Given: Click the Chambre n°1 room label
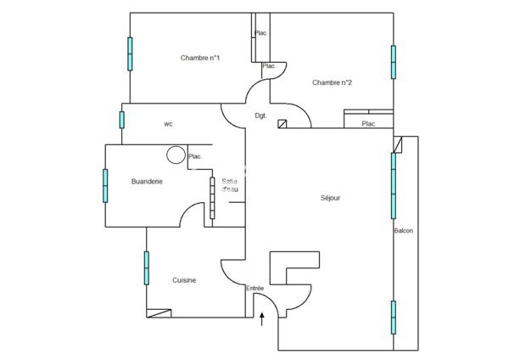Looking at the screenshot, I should click(x=200, y=58).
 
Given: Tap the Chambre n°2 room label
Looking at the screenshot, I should click(x=332, y=82).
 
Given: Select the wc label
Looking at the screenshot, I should click(x=169, y=124).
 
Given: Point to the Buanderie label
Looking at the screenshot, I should click(x=147, y=182).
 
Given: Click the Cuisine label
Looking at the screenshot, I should click(x=185, y=280).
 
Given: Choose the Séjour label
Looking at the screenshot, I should click(x=331, y=198).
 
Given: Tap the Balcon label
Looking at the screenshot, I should click(x=403, y=231).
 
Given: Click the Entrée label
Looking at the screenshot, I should click(x=255, y=289).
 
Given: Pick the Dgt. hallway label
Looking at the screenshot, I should click(x=261, y=115).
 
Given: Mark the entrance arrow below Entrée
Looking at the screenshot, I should click(x=262, y=319).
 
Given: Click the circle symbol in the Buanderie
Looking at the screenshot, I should click(x=176, y=155).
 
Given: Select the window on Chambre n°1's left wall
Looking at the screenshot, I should click(x=130, y=54).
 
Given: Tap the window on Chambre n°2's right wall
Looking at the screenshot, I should click(x=394, y=61).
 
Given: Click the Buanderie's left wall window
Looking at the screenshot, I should click(x=105, y=185).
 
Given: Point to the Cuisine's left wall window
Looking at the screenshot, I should click(x=146, y=267).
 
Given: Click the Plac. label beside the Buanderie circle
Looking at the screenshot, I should click(x=195, y=156).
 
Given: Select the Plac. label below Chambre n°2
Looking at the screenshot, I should click(x=369, y=124).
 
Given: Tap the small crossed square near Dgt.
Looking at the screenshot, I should click(x=282, y=124).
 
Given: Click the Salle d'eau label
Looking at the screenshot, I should click(x=230, y=185).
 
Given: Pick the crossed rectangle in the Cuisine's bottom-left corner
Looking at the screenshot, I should click(x=159, y=313).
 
